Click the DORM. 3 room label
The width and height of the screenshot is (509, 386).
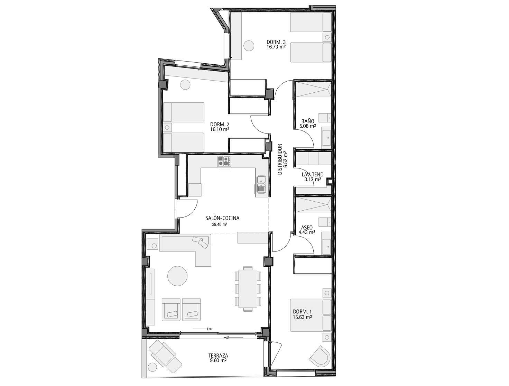(276, 42)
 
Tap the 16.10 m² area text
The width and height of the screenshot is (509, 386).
(220, 129)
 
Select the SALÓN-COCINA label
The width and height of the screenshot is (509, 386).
(222, 218)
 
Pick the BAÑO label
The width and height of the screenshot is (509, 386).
(308, 121)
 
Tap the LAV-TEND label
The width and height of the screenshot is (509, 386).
(313, 174)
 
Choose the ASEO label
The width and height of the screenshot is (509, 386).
(307, 228)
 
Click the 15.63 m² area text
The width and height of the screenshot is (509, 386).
(302, 317)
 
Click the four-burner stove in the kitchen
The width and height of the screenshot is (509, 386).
(224, 161)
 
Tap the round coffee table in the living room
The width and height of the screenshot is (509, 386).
(177, 276)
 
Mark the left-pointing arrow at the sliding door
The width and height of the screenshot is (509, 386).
(234, 338)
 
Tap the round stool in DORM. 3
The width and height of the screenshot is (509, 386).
(249, 45)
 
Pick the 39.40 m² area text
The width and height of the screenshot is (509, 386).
(219, 224)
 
